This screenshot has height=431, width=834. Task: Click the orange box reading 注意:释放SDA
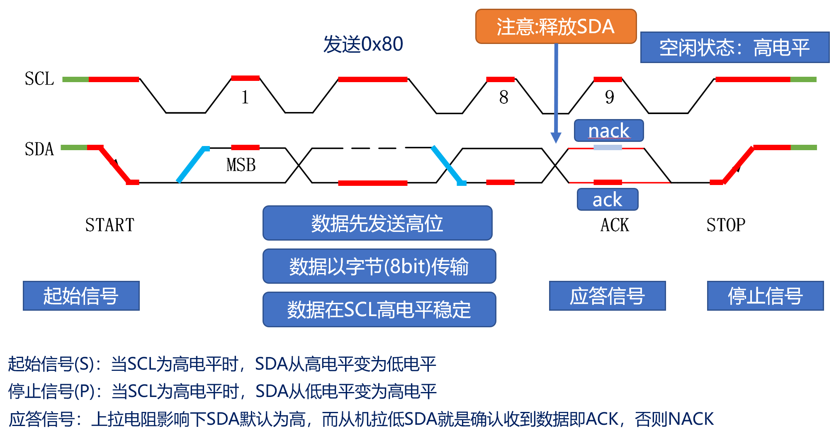555,27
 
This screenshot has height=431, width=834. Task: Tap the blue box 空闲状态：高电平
734,47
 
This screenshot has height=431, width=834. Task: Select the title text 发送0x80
363,44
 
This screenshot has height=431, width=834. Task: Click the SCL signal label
39,79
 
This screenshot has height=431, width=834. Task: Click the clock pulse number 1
245,97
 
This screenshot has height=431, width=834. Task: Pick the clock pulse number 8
503,97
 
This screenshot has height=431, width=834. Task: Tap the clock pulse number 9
609,97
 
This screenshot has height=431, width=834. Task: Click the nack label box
608,131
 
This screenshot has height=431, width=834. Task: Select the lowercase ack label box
607,200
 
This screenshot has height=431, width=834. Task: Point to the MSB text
241,165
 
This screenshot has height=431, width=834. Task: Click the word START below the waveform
110,225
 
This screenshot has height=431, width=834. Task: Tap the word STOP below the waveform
726,225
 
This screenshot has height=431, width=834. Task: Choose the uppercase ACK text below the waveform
615,225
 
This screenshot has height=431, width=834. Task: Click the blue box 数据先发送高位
377,223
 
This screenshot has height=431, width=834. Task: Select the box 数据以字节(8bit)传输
379,266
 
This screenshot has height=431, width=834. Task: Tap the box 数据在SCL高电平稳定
379,309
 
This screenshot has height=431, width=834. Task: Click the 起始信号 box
81,296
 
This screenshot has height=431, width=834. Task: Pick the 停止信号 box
765,296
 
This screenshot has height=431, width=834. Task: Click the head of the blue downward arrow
556,138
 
